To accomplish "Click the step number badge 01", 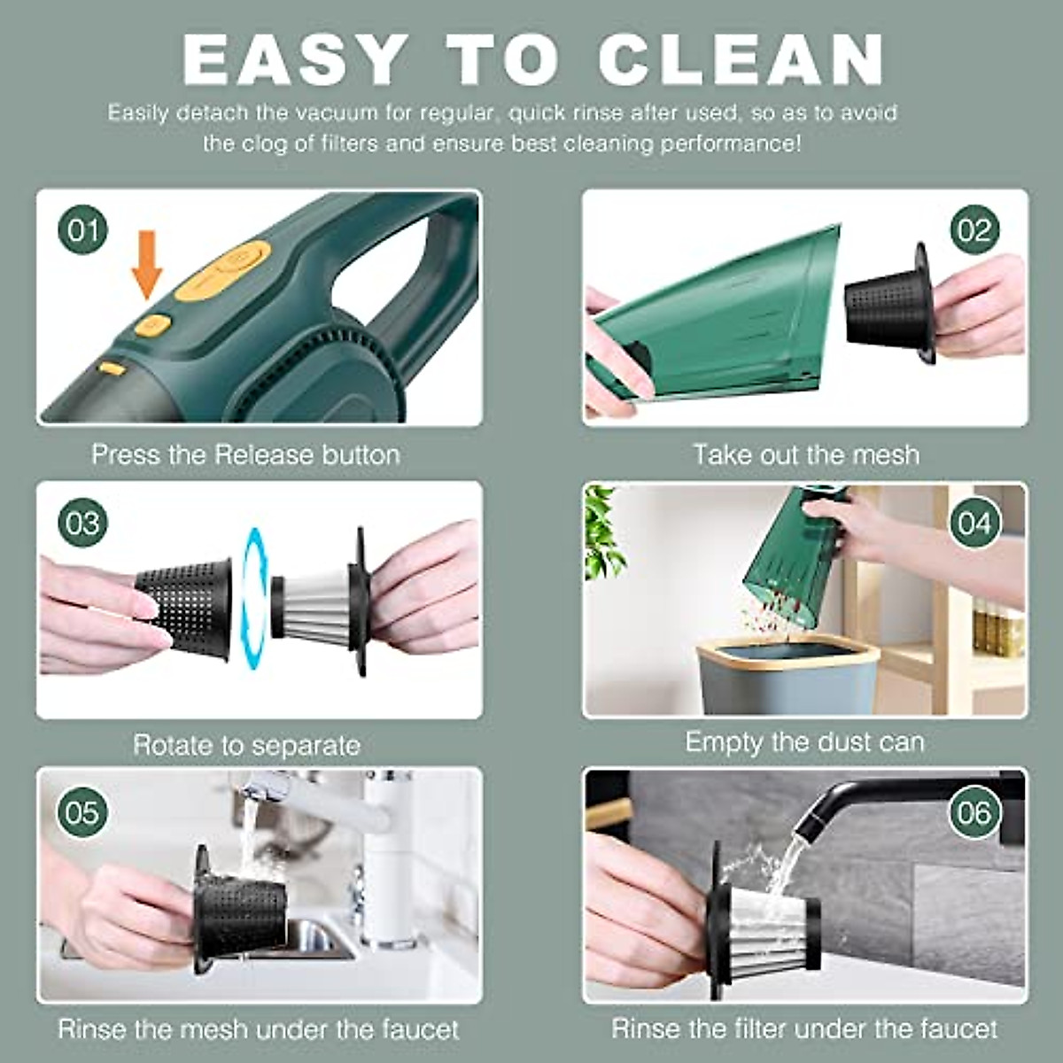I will pos(83,231).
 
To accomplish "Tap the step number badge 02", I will pos(974,230).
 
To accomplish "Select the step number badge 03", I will pos(82,523).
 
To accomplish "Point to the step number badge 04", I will pos(974,523).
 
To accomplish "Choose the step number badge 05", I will pos(82,812).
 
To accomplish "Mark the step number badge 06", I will pos(974,812).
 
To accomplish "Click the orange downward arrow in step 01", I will pos(147,264).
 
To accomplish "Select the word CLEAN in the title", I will pos(741,60).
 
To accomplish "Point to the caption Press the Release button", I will pos(245,454).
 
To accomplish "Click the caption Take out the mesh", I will pos(805,454).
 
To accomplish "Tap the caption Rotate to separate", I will pos(246,745).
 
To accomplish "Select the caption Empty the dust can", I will pos(804,742).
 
